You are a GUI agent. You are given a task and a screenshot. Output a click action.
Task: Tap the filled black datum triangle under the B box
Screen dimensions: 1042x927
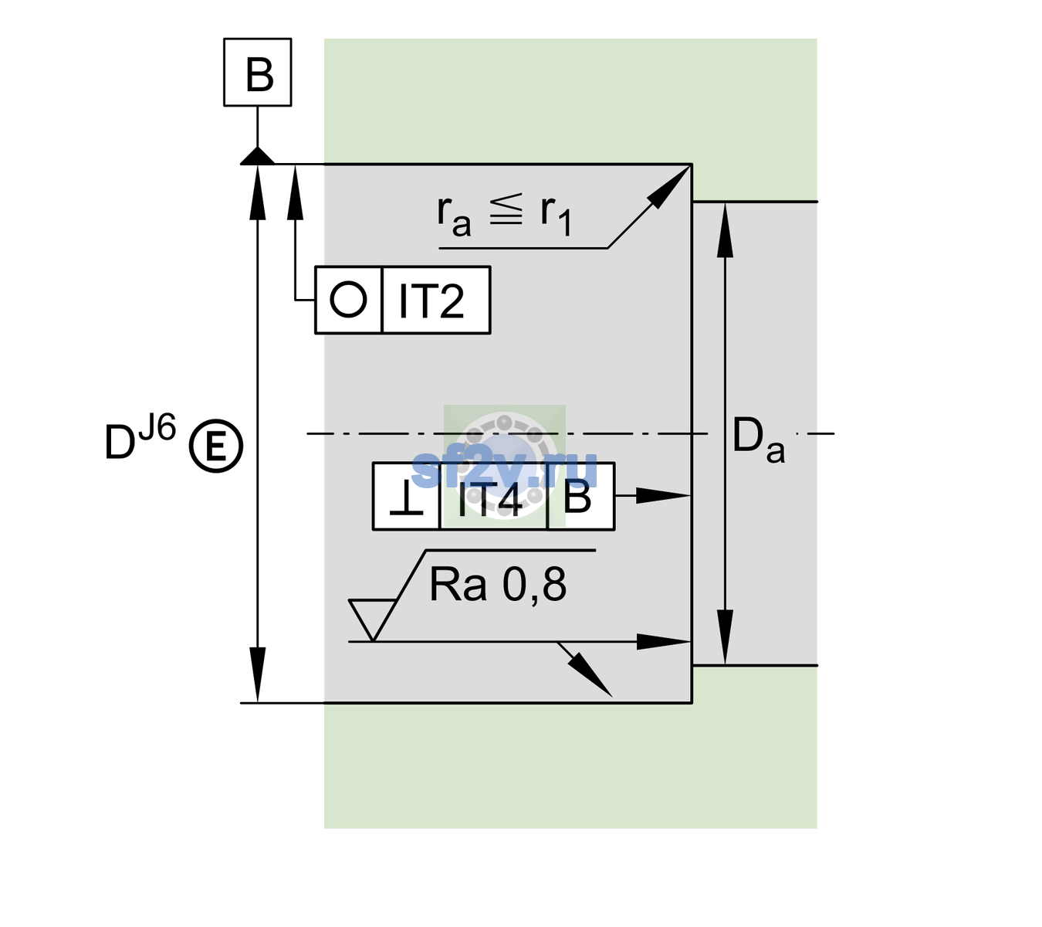coord(258,157)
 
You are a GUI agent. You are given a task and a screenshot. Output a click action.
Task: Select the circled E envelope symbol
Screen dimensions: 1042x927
coord(216,447)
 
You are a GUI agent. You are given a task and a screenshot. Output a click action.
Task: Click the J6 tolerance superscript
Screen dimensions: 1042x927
coord(157,427)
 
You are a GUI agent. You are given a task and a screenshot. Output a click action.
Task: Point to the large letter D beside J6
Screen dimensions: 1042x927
coord(120,442)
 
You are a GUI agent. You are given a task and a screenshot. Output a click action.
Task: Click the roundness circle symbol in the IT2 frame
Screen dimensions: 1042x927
coord(348,300)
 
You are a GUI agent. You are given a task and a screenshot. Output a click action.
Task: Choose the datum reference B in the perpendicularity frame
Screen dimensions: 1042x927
coord(577,497)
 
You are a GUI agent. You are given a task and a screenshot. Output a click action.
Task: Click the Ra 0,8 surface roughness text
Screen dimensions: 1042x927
coord(498,585)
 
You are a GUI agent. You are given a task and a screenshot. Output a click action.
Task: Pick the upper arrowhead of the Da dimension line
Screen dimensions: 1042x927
coord(726,229)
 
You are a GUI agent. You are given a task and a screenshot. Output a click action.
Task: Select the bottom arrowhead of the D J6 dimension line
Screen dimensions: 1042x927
coord(257,675)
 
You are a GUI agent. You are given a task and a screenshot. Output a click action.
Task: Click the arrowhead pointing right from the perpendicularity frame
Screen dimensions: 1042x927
coord(663,496)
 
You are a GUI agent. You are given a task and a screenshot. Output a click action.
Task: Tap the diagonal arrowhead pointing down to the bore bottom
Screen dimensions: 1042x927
coord(591,675)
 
